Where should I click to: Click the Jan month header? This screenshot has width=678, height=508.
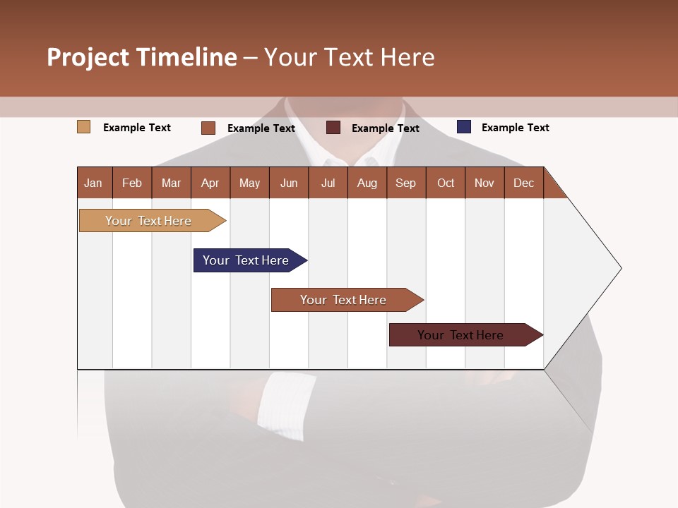[94, 183]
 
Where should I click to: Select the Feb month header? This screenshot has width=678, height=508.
[132, 183]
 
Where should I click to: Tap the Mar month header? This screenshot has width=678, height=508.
[171, 183]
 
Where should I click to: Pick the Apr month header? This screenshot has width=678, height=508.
[210, 183]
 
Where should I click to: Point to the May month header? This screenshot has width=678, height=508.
[249, 183]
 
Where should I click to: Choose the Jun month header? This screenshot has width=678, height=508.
[289, 183]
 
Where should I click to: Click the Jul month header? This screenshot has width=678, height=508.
[328, 183]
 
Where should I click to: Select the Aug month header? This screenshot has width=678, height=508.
[367, 183]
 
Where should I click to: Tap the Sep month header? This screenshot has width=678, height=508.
[405, 183]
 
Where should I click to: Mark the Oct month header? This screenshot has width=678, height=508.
[446, 183]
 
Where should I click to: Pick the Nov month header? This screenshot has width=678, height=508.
[484, 183]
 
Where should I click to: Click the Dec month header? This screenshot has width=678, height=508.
[523, 183]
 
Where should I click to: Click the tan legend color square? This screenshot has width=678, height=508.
[84, 127]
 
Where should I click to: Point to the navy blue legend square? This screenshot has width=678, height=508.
[464, 127]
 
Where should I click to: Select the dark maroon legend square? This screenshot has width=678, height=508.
[333, 128]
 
